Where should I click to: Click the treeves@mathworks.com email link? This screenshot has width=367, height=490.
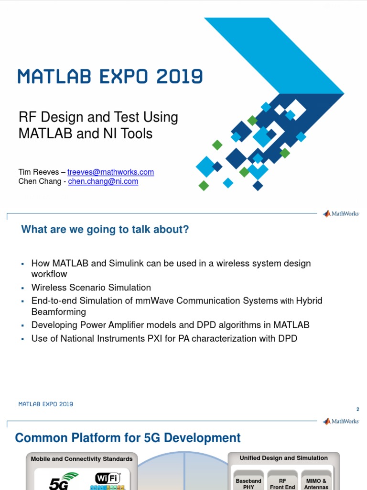coord(110,172)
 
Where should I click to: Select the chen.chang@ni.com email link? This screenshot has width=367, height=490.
coord(103,181)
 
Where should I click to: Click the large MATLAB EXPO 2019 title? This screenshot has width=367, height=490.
coord(110,77)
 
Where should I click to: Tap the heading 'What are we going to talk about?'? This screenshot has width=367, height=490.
coord(105,230)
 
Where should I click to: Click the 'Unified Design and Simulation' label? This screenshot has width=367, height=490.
coord(284,458)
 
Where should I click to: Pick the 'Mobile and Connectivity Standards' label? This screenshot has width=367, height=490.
coord(82,459)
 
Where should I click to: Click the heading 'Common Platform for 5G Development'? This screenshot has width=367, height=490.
coord(128,437)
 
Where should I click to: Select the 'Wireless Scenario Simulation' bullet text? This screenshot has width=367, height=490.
coord(91,288)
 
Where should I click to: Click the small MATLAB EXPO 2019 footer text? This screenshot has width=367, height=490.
coord(46,404)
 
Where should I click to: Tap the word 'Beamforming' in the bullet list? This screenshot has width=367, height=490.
coord(59,312)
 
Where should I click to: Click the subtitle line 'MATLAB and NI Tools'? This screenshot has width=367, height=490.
coord(86,134)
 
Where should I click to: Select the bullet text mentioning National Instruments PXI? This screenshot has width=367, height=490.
coord(164,339)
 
